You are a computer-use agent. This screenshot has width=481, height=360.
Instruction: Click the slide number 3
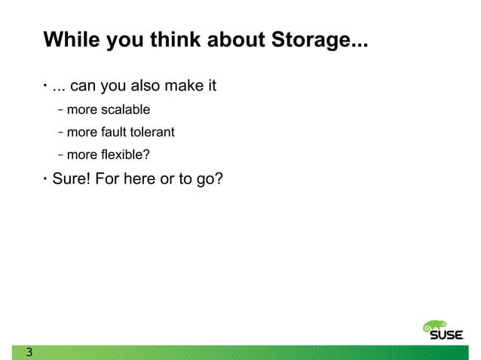click(x=29, y=352)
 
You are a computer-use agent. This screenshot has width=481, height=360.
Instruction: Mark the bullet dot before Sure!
click(x=45, y=180)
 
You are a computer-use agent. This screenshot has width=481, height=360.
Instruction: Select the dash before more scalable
click(x=60, y=110)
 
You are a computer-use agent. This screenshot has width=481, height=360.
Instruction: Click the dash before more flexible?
click(x=60, y=155)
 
